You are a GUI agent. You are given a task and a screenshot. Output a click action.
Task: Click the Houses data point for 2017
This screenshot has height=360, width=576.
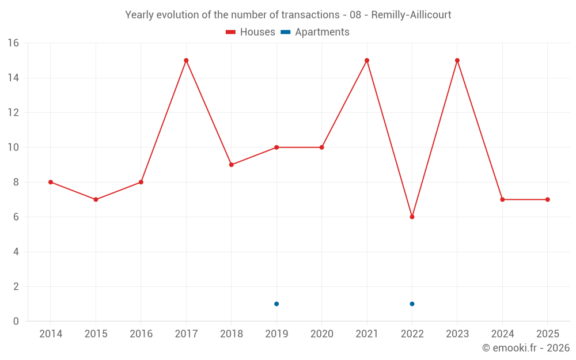tap(186, 60)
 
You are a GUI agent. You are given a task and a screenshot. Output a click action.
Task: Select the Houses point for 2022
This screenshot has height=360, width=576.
tap(412, 217)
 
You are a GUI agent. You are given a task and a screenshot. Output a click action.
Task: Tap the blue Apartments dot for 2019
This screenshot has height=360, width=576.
tap(276, 304)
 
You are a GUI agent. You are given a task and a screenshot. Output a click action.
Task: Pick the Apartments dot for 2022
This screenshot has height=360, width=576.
tap(412, 304)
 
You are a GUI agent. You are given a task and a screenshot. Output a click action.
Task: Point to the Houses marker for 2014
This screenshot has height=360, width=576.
tap(51, 182)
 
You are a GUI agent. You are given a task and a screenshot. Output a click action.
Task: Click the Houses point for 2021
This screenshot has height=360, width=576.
tap(367, 60)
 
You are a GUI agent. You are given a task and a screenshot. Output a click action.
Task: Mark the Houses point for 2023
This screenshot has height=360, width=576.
tap(457, 60)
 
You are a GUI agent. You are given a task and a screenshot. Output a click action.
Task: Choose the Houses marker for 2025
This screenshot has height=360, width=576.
tap(548, 200)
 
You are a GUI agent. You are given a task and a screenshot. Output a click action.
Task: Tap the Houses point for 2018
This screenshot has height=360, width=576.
tap(232, 165)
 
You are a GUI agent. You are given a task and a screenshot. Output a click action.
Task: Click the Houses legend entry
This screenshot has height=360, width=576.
tap(251, 32)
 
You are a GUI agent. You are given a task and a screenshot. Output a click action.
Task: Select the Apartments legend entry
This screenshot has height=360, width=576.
tap(315, 32)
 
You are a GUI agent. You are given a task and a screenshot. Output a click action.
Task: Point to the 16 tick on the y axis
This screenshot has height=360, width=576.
tap(13, 43)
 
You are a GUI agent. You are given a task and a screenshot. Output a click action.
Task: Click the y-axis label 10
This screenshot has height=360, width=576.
tap(13, 147)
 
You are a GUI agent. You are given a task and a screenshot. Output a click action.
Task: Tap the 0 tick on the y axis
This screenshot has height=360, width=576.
tap(16, 321)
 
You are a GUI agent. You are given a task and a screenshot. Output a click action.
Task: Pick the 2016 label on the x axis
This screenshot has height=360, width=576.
tap(141, 334)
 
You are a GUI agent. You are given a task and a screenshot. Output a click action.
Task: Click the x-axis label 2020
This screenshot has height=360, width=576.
tap(322, 334)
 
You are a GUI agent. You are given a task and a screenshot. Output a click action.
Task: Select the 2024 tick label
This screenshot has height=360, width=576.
tap(502, 334)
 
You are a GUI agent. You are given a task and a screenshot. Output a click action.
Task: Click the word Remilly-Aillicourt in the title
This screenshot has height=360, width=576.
tap(411, 14)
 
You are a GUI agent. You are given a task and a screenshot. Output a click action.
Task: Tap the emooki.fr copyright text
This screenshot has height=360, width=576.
tap(526, 348)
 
